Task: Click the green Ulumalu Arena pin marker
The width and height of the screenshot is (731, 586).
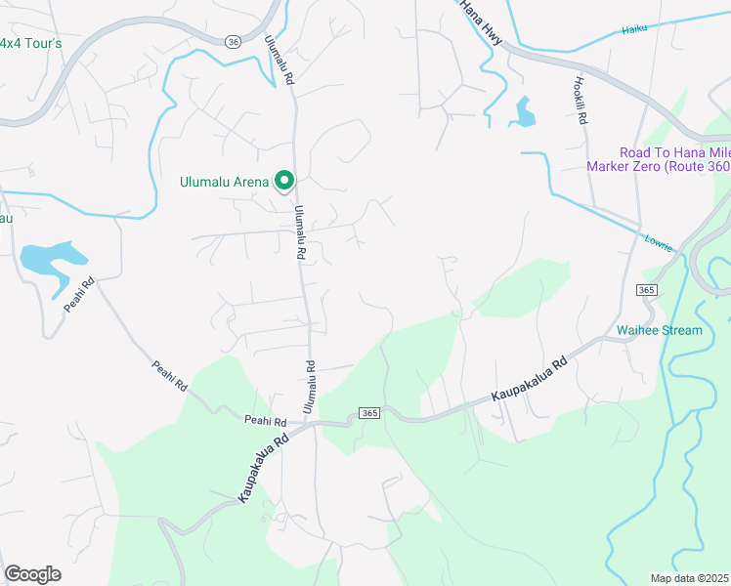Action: click(284, 180)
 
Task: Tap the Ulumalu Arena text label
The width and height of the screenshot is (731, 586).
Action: click(225, 181)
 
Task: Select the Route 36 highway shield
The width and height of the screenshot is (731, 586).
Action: click(232, 42)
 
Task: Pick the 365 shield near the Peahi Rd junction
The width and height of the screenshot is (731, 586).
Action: click(368, 413)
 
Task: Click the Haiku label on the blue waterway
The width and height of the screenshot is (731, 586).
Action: click(634, 30)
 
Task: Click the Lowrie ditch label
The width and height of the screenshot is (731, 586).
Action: click(658, 243)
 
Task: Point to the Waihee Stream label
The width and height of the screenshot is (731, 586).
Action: click(659, 330)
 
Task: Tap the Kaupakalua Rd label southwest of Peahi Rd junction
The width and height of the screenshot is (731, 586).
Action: click(264, 469)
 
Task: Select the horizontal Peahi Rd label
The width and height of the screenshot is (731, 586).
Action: click(266, 422)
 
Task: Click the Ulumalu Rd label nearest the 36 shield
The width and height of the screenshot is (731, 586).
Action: click(279, 61)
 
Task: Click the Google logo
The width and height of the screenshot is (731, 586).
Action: click(32, 574)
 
